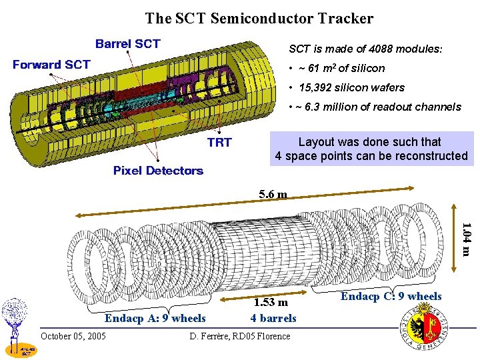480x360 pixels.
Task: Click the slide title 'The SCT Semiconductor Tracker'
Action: coord(259,19)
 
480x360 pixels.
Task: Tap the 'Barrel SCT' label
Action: coord(127,44)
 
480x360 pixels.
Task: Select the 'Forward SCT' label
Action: coord(52,65)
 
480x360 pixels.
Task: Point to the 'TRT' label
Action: coord(219,142)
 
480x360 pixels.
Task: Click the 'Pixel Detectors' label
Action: coord(158,171)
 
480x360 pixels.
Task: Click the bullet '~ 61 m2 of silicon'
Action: coord(336,68)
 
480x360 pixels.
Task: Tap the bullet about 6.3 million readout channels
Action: coord(374,107)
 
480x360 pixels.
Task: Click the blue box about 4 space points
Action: coord(371,149)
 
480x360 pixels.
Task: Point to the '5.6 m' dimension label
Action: coord(273,195)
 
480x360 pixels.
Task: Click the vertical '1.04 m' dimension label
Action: coord(467,239)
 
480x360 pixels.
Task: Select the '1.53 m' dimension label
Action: coord(273,303)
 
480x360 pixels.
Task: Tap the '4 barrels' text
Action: coord(273,318)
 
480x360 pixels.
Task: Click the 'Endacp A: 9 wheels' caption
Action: coord(155,318)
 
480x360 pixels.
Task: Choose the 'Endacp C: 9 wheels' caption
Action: coord(391,296)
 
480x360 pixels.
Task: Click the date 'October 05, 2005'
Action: coord(73,335)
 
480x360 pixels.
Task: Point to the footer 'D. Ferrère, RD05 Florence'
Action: coord(240,335)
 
